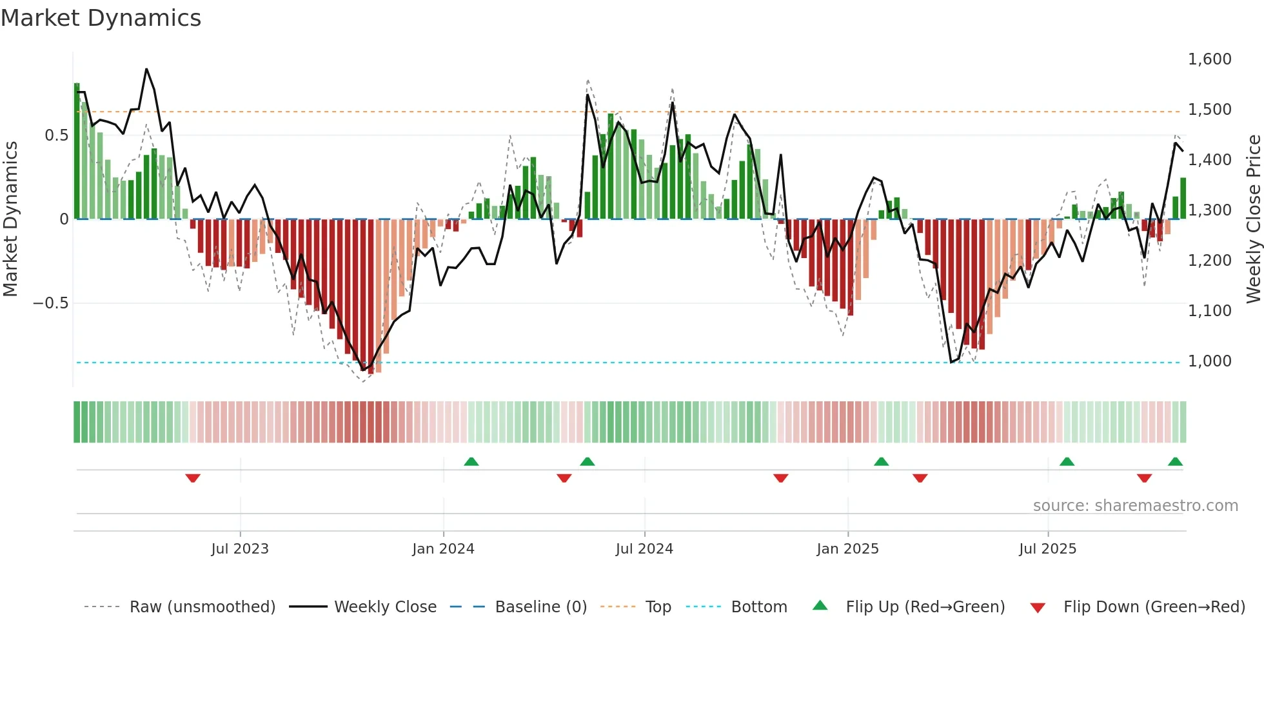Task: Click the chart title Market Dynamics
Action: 101,18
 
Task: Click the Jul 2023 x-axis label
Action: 240,549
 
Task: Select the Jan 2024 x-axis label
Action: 443,549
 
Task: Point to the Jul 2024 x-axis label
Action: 644,549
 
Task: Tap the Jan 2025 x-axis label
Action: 847,549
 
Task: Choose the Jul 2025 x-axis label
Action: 1047,549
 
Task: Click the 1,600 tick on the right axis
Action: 1209,59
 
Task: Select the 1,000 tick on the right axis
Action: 1209,361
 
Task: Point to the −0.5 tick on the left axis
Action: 51,303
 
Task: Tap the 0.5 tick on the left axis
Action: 56,135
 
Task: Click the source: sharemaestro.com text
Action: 1135,506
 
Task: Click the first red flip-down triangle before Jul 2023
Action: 193,478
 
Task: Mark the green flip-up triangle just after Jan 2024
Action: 471,461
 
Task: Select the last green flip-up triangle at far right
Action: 1175,461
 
